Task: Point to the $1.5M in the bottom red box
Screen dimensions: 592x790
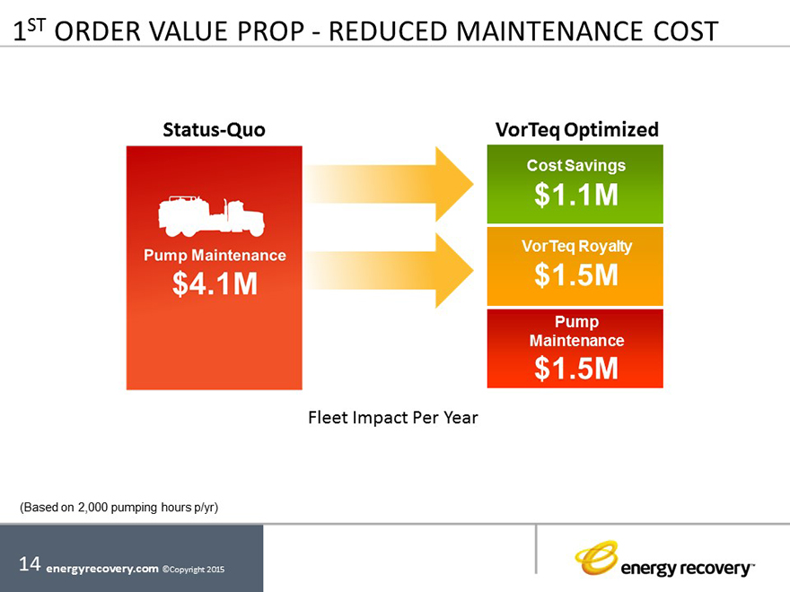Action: (575, 368)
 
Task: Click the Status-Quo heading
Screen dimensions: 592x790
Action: (215, 129)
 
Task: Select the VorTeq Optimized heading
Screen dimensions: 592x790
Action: (576, 129)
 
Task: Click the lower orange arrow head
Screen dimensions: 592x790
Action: (453, 271)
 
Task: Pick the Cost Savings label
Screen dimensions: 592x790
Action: (575, 166)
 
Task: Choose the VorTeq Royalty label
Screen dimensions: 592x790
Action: (575, 247)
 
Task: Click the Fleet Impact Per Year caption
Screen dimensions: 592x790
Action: (393, 417)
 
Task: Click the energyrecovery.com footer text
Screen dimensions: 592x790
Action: (101, 568)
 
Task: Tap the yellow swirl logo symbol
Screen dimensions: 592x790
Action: (596, 557)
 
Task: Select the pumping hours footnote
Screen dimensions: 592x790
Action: (119, 508)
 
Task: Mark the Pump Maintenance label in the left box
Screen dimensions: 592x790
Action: (215, 256)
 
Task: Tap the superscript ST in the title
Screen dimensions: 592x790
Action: (38, 24)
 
